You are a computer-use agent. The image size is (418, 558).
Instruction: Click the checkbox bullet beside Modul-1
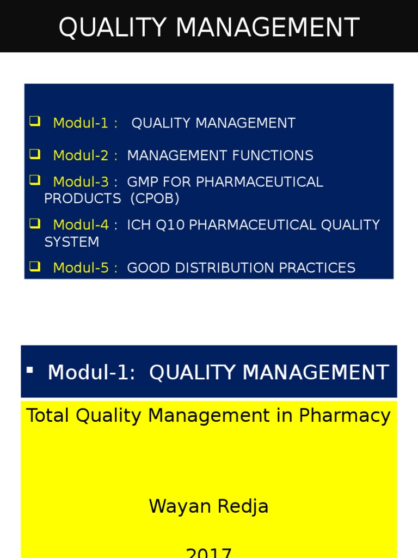tap(35, 122)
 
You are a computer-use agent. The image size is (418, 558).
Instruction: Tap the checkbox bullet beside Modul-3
tap(35, 179)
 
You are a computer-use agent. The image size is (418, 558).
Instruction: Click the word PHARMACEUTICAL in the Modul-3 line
tap(260, 182)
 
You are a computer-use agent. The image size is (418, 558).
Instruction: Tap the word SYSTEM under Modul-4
tap(71, 242)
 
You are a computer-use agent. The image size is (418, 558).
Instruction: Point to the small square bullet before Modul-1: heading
tap(30, 370)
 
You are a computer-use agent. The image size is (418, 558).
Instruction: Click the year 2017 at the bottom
tap(209, 553)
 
